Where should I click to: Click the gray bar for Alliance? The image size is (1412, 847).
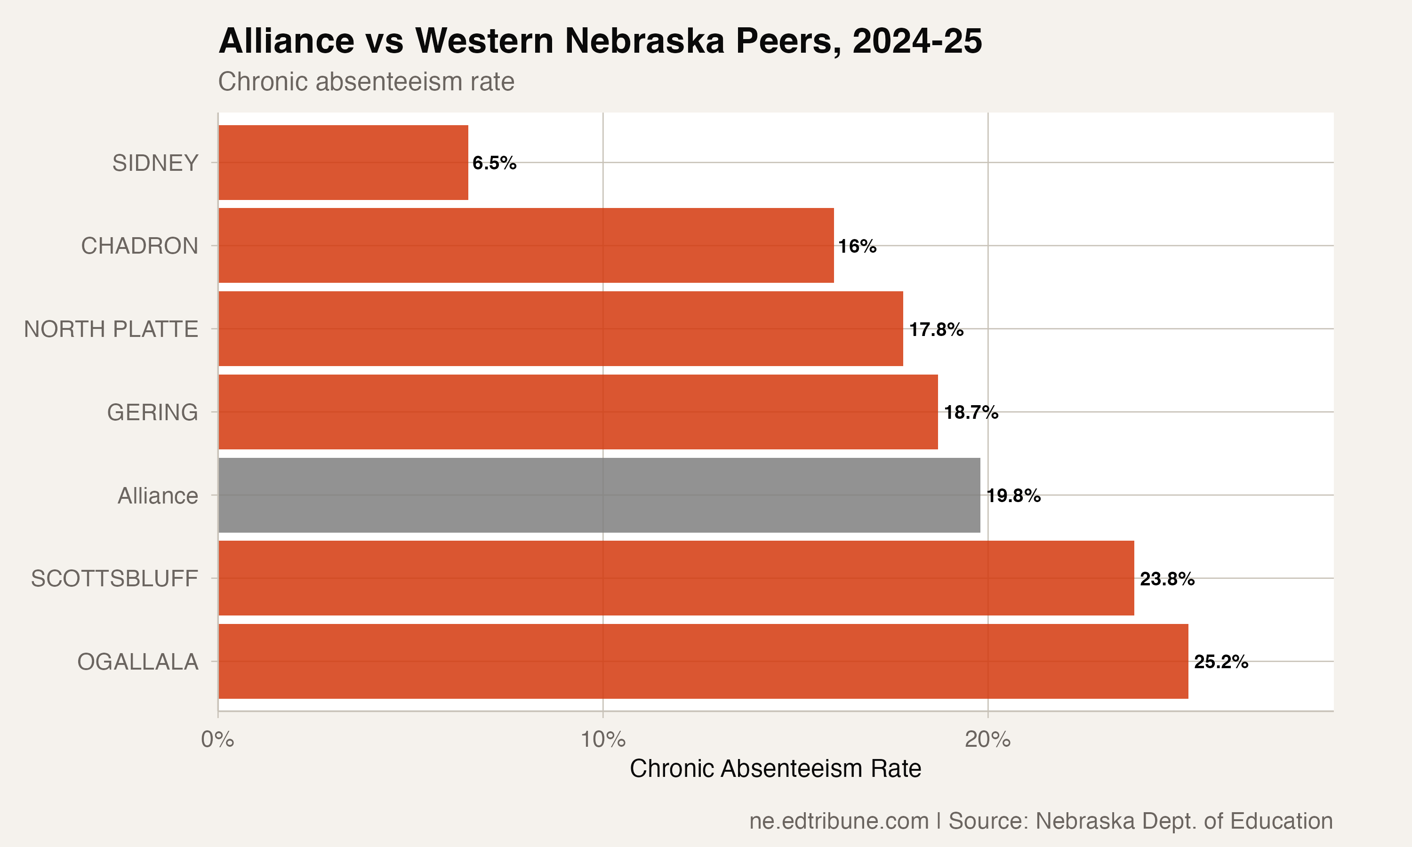(599, 495)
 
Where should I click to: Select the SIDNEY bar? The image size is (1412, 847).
(343, 163)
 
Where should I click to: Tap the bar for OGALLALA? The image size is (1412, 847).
(703, 661)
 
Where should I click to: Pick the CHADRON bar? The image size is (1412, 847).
(526, 246)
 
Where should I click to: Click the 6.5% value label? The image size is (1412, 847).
(494, 163)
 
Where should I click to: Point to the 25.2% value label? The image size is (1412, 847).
(1221, 662)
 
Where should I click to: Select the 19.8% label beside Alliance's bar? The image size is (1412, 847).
(1014, 495)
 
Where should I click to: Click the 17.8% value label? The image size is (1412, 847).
(936, 329)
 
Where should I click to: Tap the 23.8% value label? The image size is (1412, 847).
(1167, 579)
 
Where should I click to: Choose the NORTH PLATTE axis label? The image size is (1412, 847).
(111, 329)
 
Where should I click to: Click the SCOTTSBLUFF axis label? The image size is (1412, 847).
(114, 579)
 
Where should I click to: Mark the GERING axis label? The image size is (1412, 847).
(152, 412)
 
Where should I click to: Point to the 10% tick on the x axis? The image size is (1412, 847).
(603, 740)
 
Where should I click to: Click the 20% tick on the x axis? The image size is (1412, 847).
(987, 740)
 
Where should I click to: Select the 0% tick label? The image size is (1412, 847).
(217, 740)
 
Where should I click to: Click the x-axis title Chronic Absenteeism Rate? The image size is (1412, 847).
(775, 769)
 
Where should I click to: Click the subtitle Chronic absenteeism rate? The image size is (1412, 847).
(366, 81)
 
